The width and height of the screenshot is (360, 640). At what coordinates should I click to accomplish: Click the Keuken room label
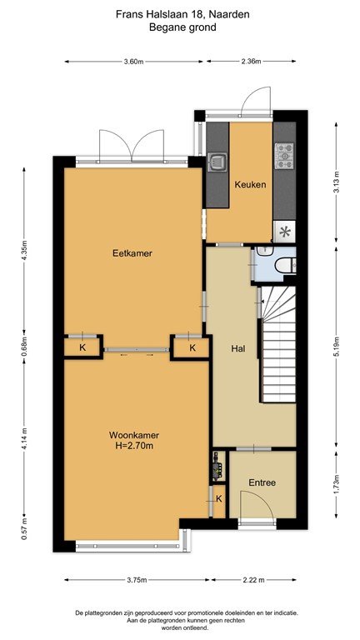[250, 184]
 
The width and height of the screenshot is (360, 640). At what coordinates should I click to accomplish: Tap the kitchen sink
[217, 160]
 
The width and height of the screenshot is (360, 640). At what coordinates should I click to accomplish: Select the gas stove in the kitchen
[285, 153]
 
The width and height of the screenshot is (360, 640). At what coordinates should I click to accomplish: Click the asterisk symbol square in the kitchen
[285, 232]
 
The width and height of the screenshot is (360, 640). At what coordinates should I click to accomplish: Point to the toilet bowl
[284, 265]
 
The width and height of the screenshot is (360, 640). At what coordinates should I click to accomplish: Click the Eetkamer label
[133, 252]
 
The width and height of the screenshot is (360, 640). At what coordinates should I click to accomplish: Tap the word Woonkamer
[133, 435]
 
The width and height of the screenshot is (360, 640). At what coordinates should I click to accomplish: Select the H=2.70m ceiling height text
[133, 447]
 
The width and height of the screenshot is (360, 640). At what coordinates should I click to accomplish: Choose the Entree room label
[262, 482]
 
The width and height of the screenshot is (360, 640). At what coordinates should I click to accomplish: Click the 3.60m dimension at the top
[133, 62]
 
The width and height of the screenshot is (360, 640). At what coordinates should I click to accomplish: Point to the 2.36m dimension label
[250, 62]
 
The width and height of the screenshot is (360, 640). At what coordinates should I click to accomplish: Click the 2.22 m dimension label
[249, 580]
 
